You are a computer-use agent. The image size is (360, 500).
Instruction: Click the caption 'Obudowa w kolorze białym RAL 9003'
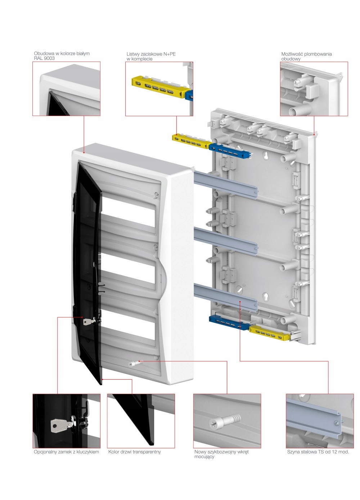point(62,56)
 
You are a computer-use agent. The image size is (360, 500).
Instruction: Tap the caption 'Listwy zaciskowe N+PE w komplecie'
point(151,57)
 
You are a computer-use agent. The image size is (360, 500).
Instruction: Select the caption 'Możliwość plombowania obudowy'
point(306,57)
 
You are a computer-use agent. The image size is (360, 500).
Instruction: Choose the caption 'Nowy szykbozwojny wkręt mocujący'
point(221,454)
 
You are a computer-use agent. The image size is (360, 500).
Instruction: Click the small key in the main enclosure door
point(88,322)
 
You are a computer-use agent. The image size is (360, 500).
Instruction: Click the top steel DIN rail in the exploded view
point(225,184)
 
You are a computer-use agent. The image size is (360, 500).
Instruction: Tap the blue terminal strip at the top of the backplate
point(230,150)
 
